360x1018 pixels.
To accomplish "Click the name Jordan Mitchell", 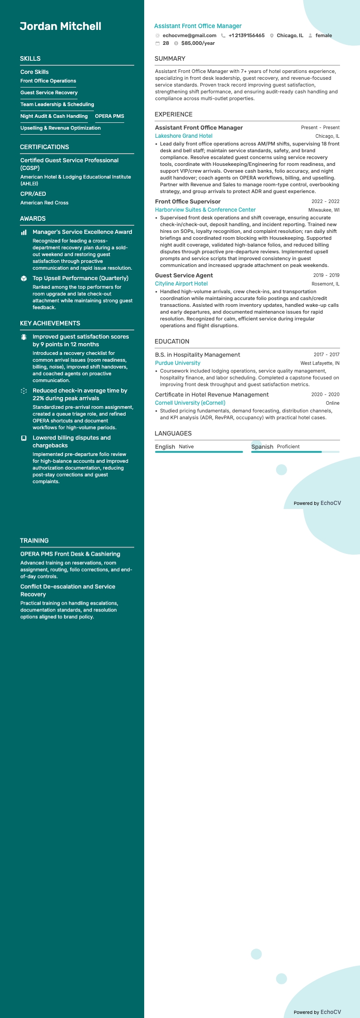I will (x=60, y=26).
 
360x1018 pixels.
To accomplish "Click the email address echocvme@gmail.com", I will (x=189, y=35).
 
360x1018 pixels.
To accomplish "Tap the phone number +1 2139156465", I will (x=246, y=35).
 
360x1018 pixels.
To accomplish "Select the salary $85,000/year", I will (x=198, y=44).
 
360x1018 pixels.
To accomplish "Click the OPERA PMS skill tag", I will (x=109, y=116).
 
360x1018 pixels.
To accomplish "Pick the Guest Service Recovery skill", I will (x=49, y=93).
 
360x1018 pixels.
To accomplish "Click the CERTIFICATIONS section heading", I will (x=44, y=147).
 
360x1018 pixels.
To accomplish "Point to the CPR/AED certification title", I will (x=33, y=194).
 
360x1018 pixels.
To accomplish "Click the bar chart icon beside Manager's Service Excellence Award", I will (x=24, y=233).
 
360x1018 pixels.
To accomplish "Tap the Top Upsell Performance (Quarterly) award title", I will (x=80, y=278).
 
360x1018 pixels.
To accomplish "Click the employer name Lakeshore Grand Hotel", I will (x=184, y=136).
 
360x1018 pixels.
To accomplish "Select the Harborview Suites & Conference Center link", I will (x=205, y=210).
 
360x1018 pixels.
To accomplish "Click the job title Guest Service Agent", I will (x=184, y=276).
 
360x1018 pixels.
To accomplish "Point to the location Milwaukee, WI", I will (x=324, y=210).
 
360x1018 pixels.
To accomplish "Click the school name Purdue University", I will (x=178, y=363).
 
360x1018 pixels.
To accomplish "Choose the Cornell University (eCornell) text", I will (x=190, y=403).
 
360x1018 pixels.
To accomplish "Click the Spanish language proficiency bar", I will (x=295, y=452).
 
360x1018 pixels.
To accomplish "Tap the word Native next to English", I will (x=186, y=447).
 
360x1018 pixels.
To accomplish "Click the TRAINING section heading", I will (x=34, y=541).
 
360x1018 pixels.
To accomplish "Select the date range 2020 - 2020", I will (x=325, y=395).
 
